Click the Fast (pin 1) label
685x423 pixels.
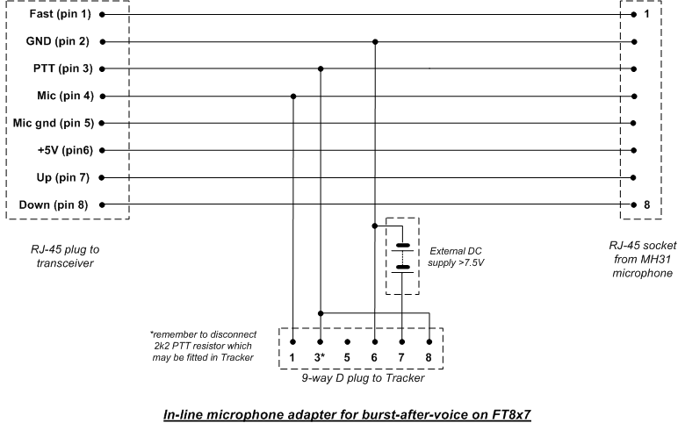[61, 14]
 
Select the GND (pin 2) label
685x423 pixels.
[58, 41]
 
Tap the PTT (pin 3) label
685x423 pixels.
[63, 68]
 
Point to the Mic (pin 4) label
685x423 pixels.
[66, 96]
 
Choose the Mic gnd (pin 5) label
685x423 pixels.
[54, 123]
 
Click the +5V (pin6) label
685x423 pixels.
[66, 151]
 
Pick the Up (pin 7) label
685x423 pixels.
[63, 177]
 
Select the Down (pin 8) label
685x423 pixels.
[54, 204]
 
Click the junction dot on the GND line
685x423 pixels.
[375, 42]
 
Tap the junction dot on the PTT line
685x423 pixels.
[321, 69]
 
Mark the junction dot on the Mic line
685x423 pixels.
[293, 96]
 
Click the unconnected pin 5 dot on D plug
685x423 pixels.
[347, 341]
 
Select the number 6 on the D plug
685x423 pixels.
[374, 357]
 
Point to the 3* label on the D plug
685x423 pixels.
[320, 357]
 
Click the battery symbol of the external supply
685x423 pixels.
[402, 258]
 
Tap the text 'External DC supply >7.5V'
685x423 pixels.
[456, 256]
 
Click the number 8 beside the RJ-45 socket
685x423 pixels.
[647, 204]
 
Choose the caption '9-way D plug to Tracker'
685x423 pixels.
[363, 378]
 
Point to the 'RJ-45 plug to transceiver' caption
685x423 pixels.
[65, 256]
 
